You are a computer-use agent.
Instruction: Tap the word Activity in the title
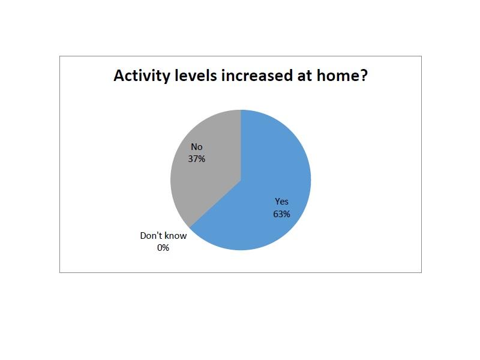pyautogui.click(x=142, y=76)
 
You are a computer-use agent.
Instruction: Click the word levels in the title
pyautogui.click(x=196, y=75)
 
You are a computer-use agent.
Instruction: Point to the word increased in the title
pyautogui.click(x=257, y=76)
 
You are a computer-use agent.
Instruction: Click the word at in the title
pyautogui.click(x=305, y=76)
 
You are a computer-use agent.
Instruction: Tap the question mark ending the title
pyautogui.click(x=364, y=76)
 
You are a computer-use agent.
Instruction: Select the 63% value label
pyautogui.click(x=281, y=214)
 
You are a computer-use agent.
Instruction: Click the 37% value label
pyautogui.click(x=197, y=159)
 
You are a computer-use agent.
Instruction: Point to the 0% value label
pyautogui.click(x=163, y=248)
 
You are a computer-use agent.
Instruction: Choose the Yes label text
pyautogui.click(x=281, y=202)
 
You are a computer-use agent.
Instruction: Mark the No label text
pyautogui.click(x=197, y=147)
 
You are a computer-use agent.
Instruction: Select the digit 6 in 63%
pyautogui.click(x=275, y=214)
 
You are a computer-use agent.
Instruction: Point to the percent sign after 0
pyautogui.click(x=166, y=248)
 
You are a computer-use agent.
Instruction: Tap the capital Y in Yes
pyautogui.click(x=277, y=202)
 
